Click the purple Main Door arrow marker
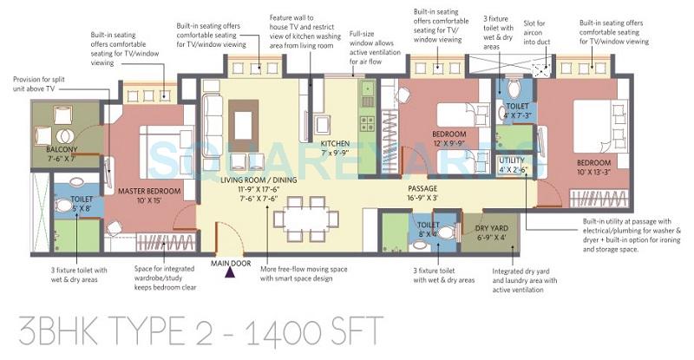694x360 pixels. pyautogui.click(x=230, y=272)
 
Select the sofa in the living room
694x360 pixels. pyautogui.click(x=212, y=121)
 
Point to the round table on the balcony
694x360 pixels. pyautogui.click(x=62, y=135)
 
